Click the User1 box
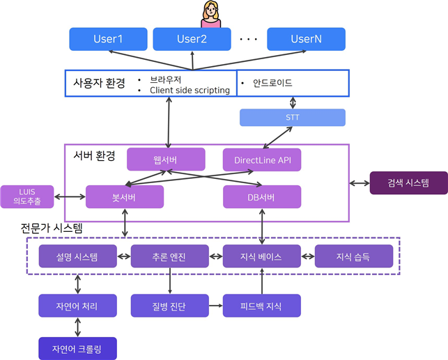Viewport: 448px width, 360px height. tap(108, 39)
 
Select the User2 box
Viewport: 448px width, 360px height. tap(192, 39)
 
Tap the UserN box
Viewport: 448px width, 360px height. tap(306, 39)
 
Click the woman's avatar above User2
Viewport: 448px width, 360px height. tap(210, 14)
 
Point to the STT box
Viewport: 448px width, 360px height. tap(292, 118)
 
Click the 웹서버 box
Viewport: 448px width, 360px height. tap(166, 159)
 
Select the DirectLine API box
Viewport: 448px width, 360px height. tap(262, 159)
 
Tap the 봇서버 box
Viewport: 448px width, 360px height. tap(125, 196)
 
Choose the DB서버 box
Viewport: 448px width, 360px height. tap(262, 196)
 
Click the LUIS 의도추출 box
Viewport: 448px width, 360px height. tap(26, 196)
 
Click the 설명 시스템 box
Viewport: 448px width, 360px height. tap(77, 257)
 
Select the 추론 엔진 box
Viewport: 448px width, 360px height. tap(169, 257)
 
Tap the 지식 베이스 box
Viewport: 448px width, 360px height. tap(261, 257)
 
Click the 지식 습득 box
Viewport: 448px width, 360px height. tap(353, 257)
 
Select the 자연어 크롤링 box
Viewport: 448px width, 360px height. tap(77, 347)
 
